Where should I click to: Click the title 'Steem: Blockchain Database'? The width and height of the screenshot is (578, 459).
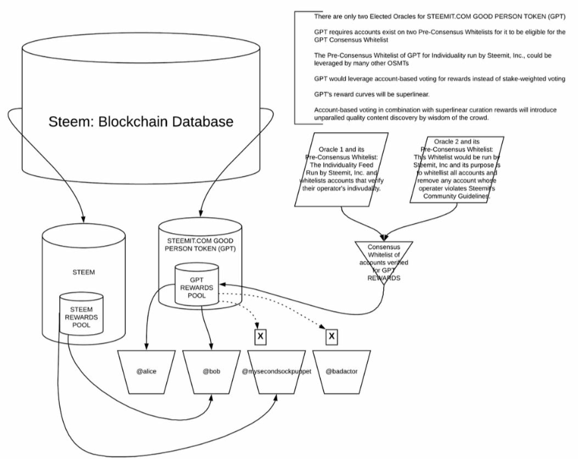pyautogui.click(x=141, y=122)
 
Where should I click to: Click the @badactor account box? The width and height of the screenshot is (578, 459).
pyautogui.click(x=342, y=371)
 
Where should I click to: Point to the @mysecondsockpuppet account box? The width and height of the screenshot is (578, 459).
pyautogui.click(x=277, y=371)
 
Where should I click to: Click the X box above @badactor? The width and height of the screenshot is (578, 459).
pyautogui.click(x=331, y=337)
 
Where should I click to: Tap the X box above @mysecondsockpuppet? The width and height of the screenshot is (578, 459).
pyautogui.click(x=260, y=337)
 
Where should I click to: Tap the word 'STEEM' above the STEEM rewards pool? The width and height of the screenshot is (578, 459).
pyautogui.click(x=83, y=272)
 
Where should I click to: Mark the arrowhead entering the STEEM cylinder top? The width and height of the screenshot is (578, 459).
pyautogui.click(x=84, y=219)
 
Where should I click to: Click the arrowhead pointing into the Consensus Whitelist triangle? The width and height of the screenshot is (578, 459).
pyautogui.click(x=384, y=236)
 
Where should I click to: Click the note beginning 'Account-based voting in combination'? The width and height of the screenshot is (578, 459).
pyautogui.click(x=436, y=114)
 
